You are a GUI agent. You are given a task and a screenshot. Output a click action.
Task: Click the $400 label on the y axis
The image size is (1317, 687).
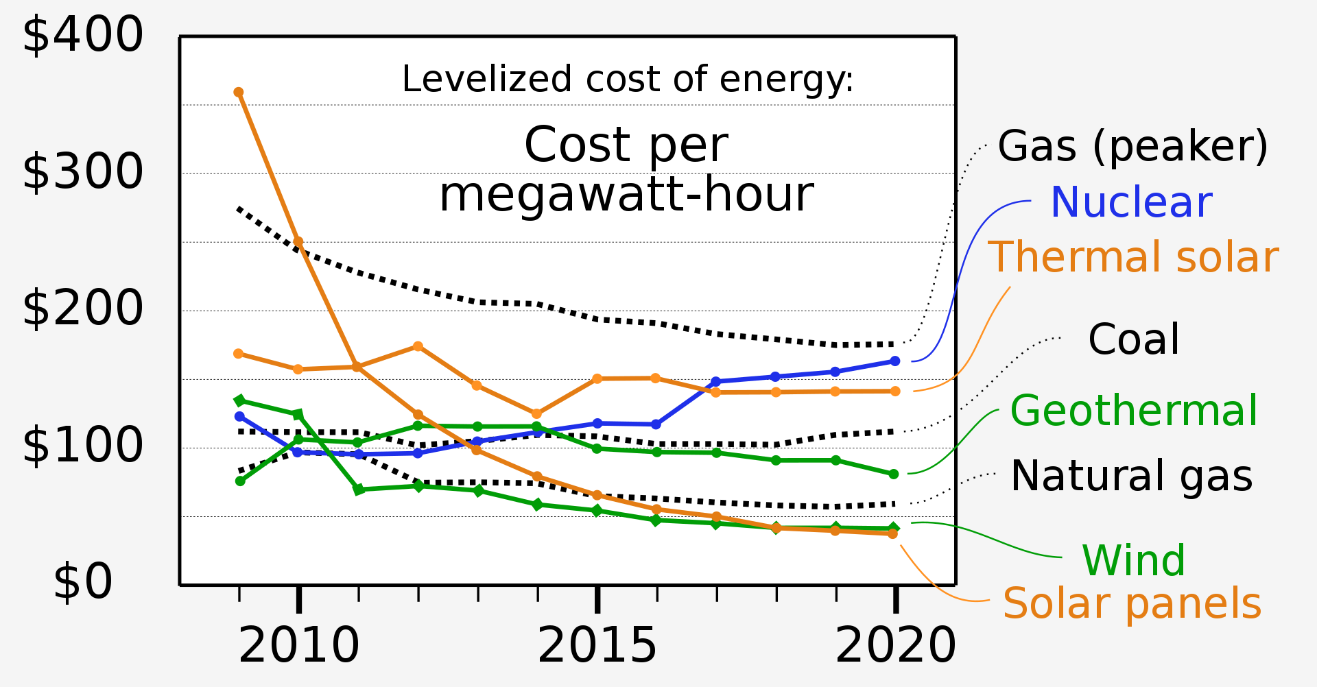coord(82,36)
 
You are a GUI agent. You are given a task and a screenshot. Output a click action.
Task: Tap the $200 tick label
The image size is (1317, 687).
coord(82,309)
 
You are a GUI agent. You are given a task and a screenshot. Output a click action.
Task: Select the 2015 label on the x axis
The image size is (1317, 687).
coord(597,646)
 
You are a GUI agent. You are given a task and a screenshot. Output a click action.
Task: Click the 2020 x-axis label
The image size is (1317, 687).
coord(895,646)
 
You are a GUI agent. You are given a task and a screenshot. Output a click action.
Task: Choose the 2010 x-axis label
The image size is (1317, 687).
coord(298,646)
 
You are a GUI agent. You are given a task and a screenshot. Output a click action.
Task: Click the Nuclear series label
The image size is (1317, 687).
coord(1131,203)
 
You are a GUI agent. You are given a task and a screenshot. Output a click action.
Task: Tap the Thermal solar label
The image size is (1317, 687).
coord(1133,258)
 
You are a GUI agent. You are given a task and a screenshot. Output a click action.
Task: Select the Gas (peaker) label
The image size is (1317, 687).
coord(1132,147)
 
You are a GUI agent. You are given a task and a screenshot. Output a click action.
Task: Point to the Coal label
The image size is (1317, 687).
coord(1133,339)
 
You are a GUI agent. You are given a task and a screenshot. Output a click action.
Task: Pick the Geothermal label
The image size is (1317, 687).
coord(1134,411)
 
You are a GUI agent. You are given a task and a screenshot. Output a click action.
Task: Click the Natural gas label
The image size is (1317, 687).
coord(1131,477)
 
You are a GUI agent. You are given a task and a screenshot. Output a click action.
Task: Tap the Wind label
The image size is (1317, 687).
coord(1133,561)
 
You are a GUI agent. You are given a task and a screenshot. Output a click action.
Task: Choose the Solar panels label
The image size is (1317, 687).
coord(1132,604)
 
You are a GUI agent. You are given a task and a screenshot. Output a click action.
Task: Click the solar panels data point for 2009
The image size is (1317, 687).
coord(239,93)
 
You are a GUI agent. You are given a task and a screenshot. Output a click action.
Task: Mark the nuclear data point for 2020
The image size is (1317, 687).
coord(894,361)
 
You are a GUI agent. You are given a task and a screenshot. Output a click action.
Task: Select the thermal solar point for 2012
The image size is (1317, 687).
coord(418,347)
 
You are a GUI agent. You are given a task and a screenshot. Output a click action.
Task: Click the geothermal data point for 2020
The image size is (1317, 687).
coord(894,474)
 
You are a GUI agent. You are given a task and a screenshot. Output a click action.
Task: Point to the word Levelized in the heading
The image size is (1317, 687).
coord(486,80)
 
